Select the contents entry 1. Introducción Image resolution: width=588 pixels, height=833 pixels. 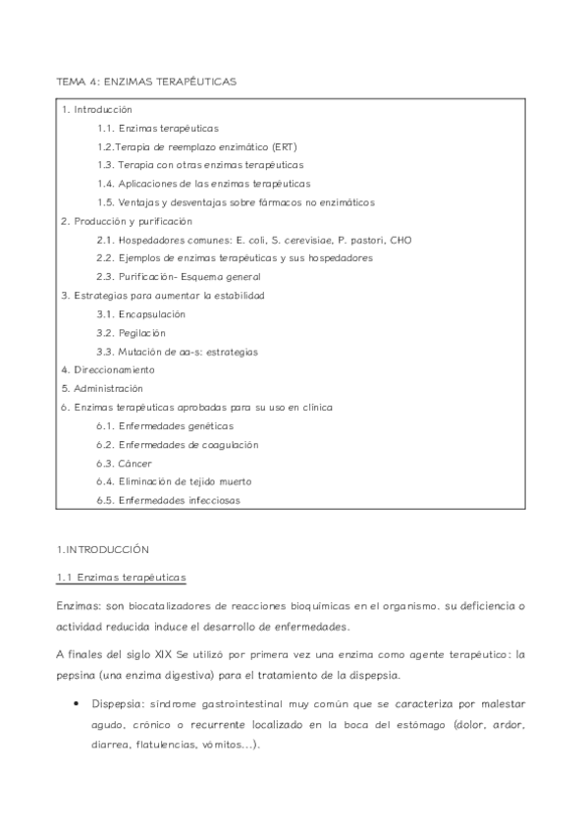pos(96,109)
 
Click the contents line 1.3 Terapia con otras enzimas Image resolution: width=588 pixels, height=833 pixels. pos(200,165)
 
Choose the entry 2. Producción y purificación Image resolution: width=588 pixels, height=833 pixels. pos(126,221)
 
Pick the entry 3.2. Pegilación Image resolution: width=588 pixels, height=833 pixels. pos(131,333)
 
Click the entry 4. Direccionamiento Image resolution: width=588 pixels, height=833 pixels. pos(108,370)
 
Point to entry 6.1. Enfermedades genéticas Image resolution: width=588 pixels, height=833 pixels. pos(165,426)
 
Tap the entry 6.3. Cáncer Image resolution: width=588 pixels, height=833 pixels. pos(125,463)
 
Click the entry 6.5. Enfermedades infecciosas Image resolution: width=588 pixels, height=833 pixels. pos(169,500)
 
